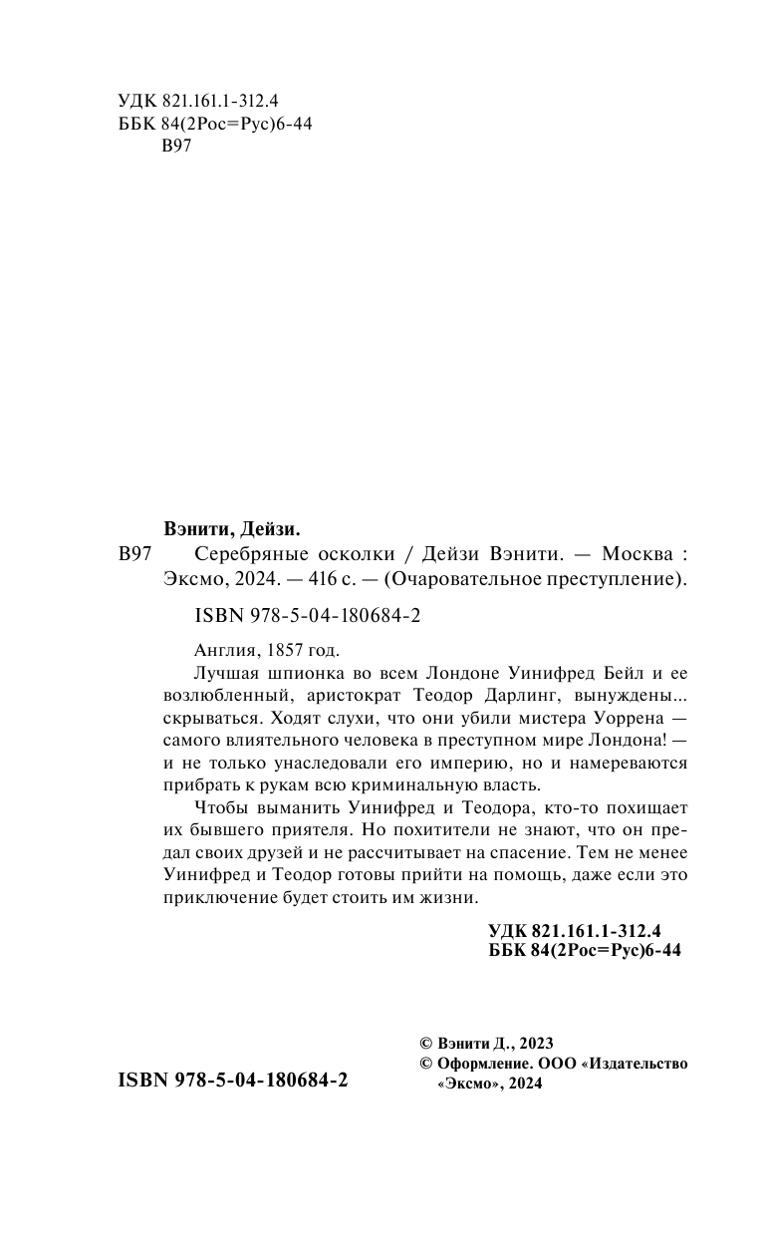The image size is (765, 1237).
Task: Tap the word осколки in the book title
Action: pos(350,556)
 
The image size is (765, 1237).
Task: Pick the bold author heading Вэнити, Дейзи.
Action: pos(232,529)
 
